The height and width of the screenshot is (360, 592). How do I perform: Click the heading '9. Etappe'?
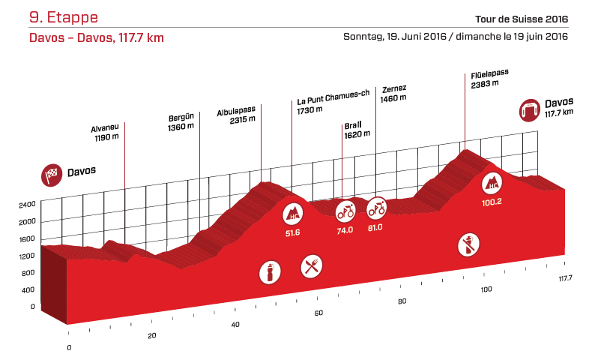(x=63, y=16)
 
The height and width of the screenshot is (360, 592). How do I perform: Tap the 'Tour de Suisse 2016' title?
(x=522, y=19)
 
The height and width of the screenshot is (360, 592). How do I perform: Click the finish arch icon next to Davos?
(x=531, y=110)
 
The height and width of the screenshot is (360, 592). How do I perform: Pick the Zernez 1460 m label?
(x=393, y=93)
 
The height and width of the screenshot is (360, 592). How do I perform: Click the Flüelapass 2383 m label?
(x=490, y=78)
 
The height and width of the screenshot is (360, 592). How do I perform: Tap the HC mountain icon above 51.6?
(x=292, y=215)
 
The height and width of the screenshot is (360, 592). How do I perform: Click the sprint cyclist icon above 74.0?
(x=345, y=211)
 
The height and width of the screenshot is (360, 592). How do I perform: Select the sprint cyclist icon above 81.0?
(x=376, y=206)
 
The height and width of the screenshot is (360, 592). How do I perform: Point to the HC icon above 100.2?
(x=492, y=182)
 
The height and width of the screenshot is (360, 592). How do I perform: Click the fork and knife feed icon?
(x=311, y=265)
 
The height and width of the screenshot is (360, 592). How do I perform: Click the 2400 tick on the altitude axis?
(x=27, y=204)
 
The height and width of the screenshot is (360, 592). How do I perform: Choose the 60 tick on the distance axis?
(x=318, y=313)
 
